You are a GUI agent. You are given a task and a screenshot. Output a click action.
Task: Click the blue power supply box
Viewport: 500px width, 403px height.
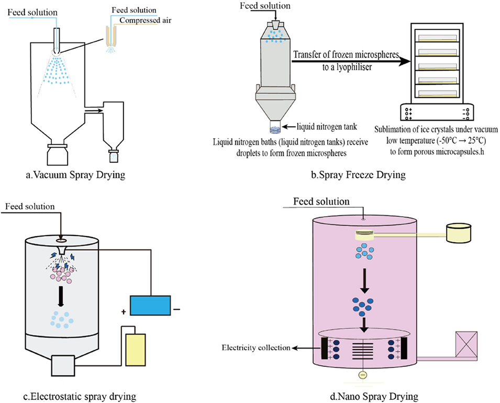tap(151, 305)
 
